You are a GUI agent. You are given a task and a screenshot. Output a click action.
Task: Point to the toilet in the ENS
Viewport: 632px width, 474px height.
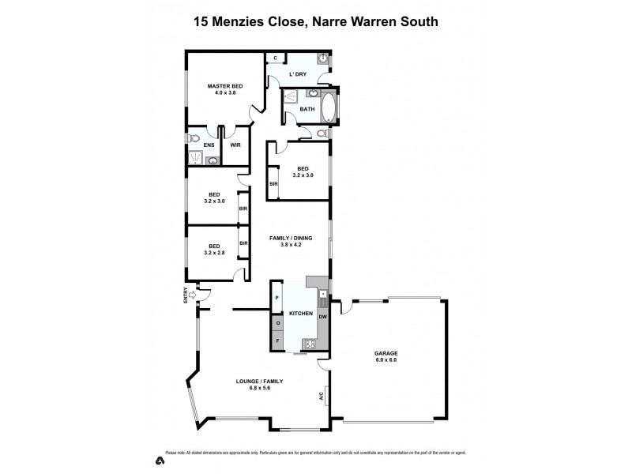[x=195, y=139]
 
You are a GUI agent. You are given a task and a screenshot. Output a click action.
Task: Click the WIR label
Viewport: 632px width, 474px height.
[x=235, y=145]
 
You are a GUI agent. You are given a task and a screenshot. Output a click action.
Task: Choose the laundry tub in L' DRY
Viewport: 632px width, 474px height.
[x=324, y=58]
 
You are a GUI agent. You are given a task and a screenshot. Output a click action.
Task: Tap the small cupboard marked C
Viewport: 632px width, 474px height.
[x=274, y=58]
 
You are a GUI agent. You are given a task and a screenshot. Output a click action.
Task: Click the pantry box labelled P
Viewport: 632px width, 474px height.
[x=278, y=297]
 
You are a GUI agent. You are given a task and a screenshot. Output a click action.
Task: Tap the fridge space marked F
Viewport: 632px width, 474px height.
[x=278, y=340]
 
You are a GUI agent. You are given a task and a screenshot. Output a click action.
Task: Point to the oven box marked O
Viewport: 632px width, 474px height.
[x=278, y=323]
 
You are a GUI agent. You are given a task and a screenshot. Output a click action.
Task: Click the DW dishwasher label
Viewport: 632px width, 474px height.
[x=322, y=317]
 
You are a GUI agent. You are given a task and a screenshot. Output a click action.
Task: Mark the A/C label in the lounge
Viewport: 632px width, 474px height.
[x=322, y=397]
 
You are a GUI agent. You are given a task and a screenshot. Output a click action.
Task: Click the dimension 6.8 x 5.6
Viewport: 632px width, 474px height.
[x=259, y=388]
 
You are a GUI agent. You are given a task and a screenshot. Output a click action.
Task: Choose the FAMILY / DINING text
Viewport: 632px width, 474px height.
[x=292, y=237]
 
